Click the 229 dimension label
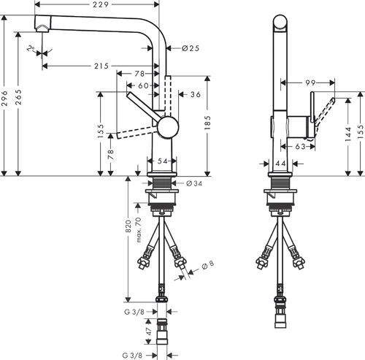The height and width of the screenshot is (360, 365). (x=101, y=4)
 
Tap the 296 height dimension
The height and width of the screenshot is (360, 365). (x=4, y=99)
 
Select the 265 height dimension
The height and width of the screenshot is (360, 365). (x=18, y=97)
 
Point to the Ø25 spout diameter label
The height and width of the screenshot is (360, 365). (x=191, y=48)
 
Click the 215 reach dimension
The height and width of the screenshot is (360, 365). (x=101, y=66)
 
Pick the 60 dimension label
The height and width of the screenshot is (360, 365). (x=143, y=85)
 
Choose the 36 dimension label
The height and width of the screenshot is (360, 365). (x=196, y=94)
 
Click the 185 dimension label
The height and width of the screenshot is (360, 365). (x=207, y=122)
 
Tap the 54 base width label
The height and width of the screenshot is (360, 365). (x=162, y=161)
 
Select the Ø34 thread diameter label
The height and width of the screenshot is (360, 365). (x=194, y=183)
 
